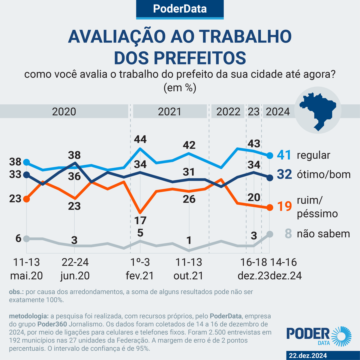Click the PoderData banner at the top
pos(180,9)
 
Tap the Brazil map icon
pos(318,110)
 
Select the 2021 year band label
pos(169,112)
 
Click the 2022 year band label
pos(228,112)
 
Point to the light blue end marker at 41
pos(270,155)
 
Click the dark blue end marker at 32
pos(270,178)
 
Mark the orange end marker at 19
pos(270,208)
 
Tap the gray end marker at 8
pos(270,234)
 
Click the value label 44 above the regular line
pos(140,139)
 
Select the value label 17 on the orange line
pos(140,220)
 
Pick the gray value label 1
pos(189,240)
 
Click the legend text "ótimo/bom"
pos(324,174)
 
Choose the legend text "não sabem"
pos(323,234)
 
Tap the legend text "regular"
pos(313,155)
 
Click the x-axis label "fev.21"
pos(140,276)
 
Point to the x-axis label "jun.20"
pos(75,276)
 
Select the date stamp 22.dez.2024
pos(308,355)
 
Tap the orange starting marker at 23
pos(26,199)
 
